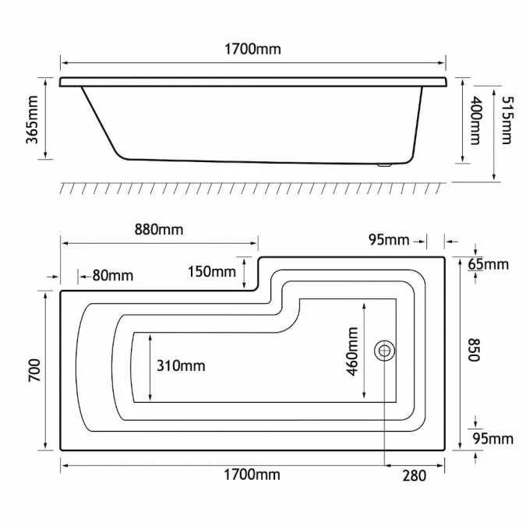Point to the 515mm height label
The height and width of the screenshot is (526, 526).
click(x=506, y=120)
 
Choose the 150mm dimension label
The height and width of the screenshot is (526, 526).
click(x=211, y=271)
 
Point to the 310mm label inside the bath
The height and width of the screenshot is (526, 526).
click(x=181, y=365)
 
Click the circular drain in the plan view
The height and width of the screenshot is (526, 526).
click(x=384, y=351)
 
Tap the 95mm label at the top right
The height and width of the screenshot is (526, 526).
click(x=389, y=239)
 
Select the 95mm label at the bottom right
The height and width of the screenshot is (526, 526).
click(x=495, y=439)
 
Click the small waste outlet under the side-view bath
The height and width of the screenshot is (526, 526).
click(x=382, y=164)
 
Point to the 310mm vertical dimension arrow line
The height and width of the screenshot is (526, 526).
click(x=148, y=366)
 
